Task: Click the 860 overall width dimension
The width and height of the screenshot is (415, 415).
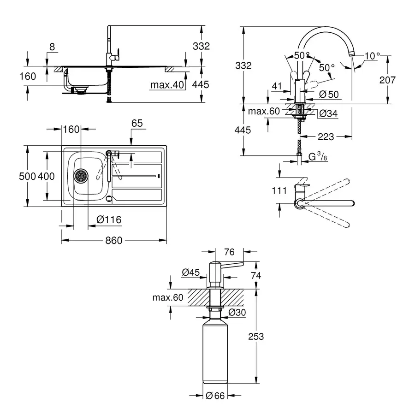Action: (114, 241)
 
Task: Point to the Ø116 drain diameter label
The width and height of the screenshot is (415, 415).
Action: (109, 220)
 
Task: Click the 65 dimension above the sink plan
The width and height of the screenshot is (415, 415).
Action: (137, 123)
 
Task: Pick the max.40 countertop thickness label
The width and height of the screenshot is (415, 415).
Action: (167, 85)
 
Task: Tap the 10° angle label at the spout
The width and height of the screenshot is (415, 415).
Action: (372, 56)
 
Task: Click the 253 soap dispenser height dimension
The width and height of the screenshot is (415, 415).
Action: (256, 336)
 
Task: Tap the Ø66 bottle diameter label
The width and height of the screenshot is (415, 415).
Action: (216, 395)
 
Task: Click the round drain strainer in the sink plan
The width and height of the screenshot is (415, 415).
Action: (81, 175)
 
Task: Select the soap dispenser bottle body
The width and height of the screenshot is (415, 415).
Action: (215, 353)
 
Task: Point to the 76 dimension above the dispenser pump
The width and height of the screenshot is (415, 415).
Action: (229, 252)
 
